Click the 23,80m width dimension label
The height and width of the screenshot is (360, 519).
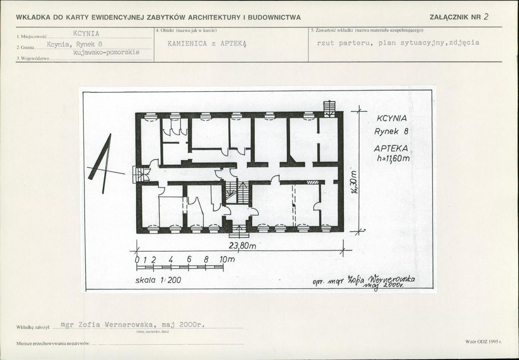242,246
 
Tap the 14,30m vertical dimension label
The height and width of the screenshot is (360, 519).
354,182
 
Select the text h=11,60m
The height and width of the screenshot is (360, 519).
393,158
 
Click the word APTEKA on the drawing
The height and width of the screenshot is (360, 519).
391,148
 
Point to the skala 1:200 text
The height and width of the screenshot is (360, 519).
158,280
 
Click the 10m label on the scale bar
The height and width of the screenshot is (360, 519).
227,260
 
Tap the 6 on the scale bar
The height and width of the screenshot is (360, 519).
189,260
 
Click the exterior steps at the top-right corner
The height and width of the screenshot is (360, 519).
330,109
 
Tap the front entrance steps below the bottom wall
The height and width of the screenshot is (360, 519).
239,231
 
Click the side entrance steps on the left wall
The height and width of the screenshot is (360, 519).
139,174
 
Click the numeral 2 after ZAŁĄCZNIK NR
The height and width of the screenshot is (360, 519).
486,17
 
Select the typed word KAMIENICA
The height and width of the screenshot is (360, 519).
187,44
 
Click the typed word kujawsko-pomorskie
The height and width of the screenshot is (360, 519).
106,53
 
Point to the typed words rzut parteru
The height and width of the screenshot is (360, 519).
345,43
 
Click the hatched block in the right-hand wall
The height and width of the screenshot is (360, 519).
313,182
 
